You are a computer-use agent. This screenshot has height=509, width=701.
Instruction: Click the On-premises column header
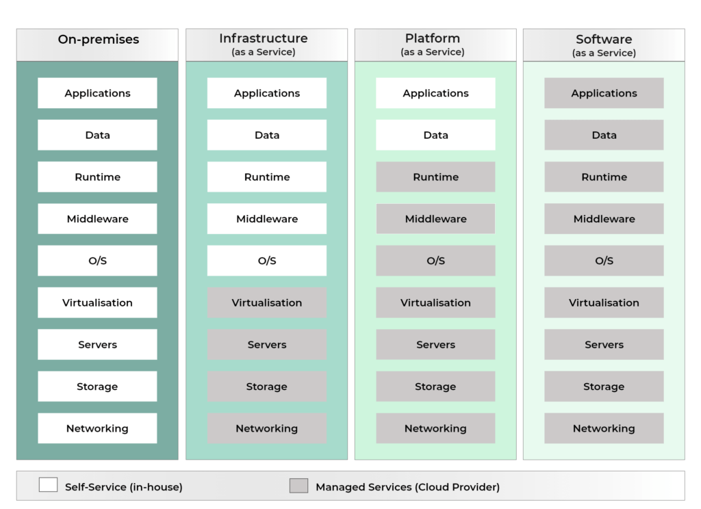point(97,45)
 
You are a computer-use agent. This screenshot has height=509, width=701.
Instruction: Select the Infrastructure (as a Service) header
point(266,45)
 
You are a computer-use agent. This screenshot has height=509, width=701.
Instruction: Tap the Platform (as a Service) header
point(435,45)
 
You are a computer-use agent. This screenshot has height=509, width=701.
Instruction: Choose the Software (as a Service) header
point(604,45)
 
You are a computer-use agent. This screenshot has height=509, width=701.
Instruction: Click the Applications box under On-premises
point(97,93)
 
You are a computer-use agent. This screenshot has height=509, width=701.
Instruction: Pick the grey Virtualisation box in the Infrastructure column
point(266,302)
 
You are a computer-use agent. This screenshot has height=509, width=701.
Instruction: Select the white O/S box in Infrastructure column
point(266,261)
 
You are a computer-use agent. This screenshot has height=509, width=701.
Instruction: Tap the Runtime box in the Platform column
point(435,177)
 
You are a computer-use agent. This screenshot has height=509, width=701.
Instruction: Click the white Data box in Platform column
point(435,135)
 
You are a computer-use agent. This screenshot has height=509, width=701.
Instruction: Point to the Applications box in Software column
point(604,93)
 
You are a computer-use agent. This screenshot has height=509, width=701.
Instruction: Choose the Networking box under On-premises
point(97,428)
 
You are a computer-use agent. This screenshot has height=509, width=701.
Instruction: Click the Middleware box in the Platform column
point(435,219)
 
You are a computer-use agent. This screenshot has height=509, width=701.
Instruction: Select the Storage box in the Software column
point(604,387)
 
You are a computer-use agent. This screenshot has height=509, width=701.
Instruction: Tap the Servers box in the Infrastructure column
point(266,345)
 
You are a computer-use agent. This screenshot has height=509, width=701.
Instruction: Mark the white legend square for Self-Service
point(48,485)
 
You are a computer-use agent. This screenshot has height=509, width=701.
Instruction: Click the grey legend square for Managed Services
point(298,485)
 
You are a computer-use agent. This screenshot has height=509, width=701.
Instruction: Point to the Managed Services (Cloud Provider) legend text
point(407,487)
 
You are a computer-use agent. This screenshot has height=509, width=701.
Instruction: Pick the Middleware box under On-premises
point(97,219)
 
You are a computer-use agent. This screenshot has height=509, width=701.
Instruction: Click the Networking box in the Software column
point(604,428)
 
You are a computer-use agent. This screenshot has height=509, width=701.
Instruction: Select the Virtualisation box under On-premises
point(97,302)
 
